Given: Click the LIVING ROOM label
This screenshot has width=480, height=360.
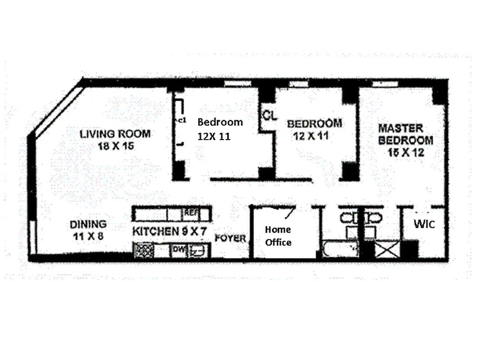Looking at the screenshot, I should click(115, 134).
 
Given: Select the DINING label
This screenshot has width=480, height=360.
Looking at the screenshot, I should click(88, 224).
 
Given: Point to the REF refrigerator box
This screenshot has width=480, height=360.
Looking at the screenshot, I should click(189, 213).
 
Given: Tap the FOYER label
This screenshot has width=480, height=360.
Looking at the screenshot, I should click(230, 238).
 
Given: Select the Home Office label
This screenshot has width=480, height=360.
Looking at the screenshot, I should click(278, 236).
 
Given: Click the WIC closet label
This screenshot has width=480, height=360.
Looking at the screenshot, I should click(424, 224).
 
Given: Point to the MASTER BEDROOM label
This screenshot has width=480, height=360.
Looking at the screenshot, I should click(405, 134).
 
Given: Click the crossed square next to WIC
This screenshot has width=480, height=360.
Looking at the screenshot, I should click(386, 249).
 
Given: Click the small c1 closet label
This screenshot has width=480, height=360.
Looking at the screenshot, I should click(181, 120).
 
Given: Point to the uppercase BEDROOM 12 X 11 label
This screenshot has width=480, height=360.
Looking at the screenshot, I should click(314, 129).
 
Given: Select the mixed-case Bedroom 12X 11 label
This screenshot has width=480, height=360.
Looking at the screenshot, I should click(220, 129).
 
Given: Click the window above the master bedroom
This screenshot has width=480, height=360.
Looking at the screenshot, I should click(384, 83).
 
